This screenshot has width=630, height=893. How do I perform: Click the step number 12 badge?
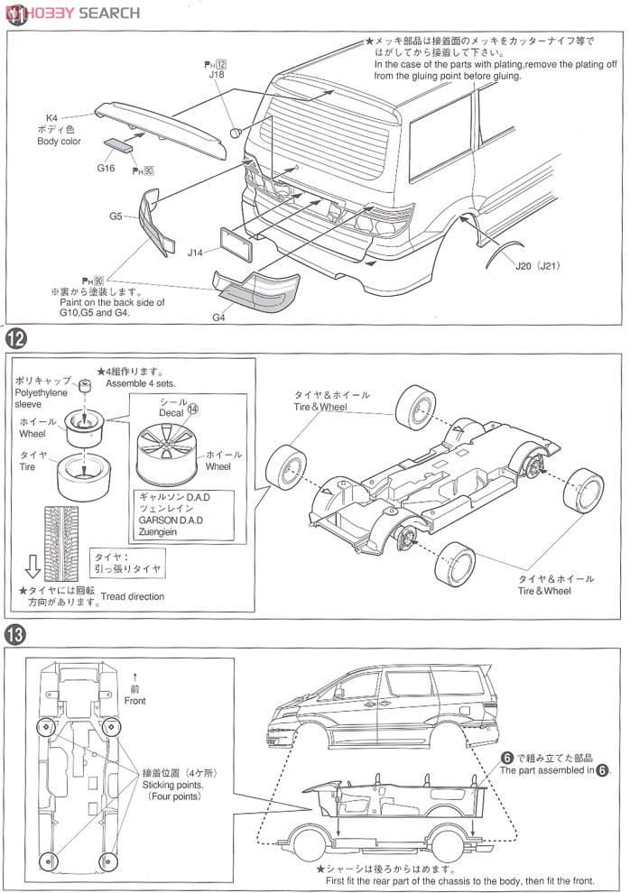[15, 340]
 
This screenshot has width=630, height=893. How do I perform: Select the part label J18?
[217, 76]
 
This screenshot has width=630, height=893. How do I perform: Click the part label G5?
[116, 216]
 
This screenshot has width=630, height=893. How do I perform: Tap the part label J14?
[195, 253]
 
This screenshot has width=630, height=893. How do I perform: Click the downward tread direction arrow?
[32, 566]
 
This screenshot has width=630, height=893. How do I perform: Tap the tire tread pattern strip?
[60, 532]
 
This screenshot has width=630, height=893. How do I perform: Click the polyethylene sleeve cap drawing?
[86, 389]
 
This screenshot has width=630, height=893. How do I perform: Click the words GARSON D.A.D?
[171, 520]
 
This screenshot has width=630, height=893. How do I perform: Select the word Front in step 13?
[135, 700]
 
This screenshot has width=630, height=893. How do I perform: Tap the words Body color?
[59, 142]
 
